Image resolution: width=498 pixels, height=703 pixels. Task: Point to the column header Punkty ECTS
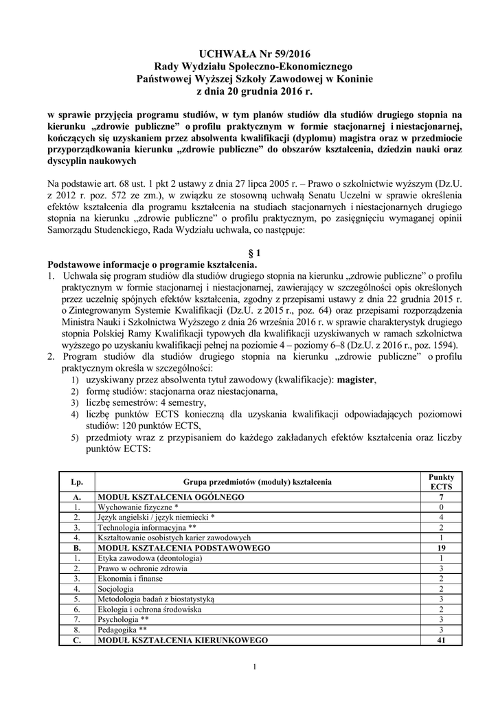[441, 481]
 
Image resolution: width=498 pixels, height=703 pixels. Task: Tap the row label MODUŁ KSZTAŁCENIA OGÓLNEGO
[172, 496]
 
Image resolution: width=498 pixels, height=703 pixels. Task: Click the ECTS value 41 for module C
[441, 640]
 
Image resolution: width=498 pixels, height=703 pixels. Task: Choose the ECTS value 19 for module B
[441, 548]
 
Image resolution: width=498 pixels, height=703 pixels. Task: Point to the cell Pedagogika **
[123, 630]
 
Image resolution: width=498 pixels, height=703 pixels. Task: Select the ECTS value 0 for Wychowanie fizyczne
[441, 506]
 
